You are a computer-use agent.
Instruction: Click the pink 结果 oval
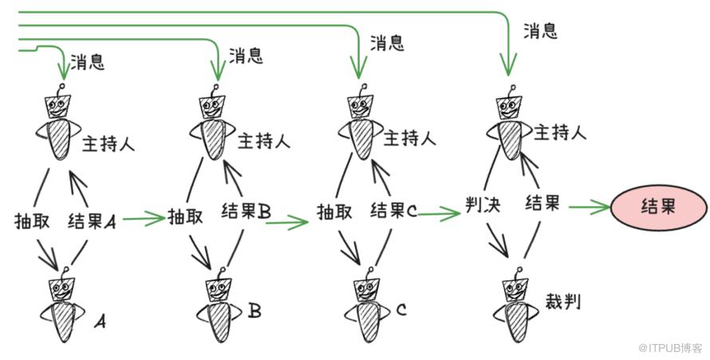tap(658, 208)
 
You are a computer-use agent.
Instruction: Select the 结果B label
tap(245, 212)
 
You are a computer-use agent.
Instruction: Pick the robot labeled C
tap(367, 307)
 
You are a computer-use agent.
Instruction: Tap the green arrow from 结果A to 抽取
tap(142, 217)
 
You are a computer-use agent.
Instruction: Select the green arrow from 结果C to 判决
tap(439, 213)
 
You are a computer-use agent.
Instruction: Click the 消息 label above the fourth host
tap(540, 31)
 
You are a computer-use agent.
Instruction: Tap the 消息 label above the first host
tap(87, 61)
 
